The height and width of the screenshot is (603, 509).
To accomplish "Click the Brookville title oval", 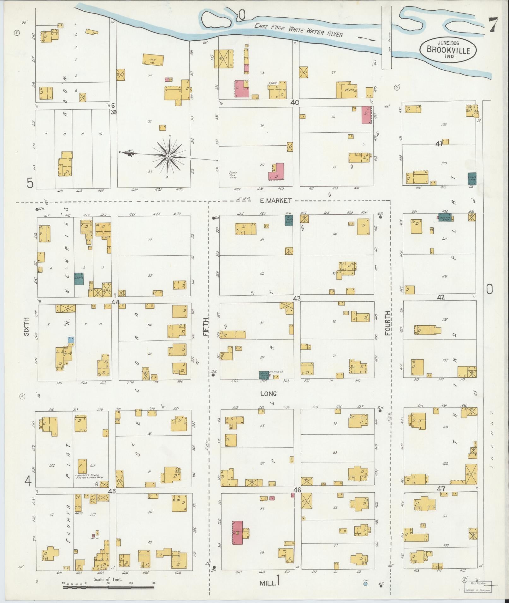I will tap(448, 49).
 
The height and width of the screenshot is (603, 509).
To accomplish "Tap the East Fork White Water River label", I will tap(298, 31).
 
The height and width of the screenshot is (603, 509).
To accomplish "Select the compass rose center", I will tap(169, 156).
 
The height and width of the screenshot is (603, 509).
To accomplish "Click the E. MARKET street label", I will tap(275, 200).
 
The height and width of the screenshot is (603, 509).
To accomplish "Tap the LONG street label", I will tap(268, 394).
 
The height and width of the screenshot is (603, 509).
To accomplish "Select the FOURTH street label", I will tap(387, 323).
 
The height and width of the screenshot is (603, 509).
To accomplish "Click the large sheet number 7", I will tap(493, 25).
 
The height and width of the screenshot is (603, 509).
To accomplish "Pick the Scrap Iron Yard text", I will tap(233, 175).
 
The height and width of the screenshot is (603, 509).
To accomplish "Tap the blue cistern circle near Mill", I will tap(365, 584).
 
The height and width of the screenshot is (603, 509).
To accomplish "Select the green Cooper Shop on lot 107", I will tap(445, 217).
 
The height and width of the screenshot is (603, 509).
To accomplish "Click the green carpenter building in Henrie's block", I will tap(79, 279).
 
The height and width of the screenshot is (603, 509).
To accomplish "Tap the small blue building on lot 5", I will tap(71, 339).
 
